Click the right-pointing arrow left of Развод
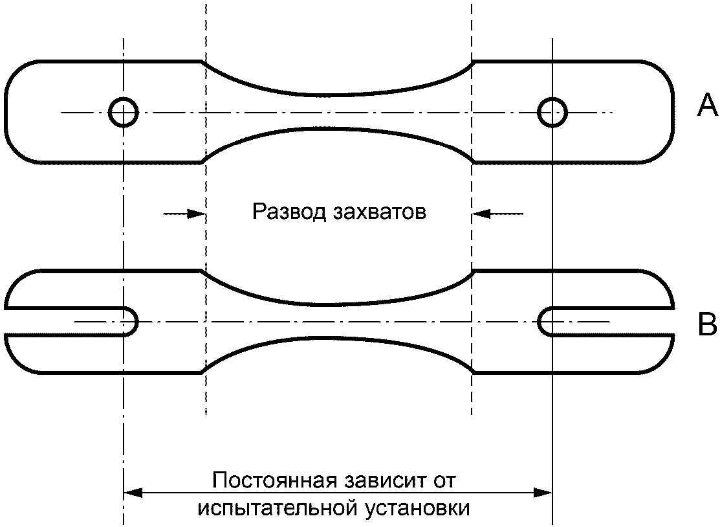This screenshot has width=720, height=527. pyautogui.click(x=184, y=214)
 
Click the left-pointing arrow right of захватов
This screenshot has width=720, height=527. pyautogui.click(x=497, y=214)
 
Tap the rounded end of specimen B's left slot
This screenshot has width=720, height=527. pyautogui.click(x=136, y=322)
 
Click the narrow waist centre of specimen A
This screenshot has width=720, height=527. pyautogui.click(x=338, y=111)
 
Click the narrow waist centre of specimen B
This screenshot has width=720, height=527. pyautogui.click(x=338, y=321)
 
